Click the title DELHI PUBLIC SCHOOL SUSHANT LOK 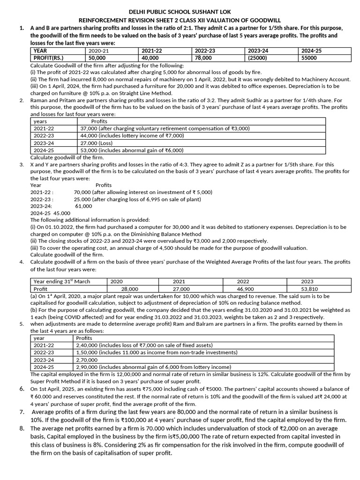click(x=180, y=11)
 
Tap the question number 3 click(x=22, y=165)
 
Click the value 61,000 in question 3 click(x=84, y=206)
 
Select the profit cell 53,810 click(x=317, y=289)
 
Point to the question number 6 click(x=22, y=389)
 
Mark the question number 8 click(x=22, y=428)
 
